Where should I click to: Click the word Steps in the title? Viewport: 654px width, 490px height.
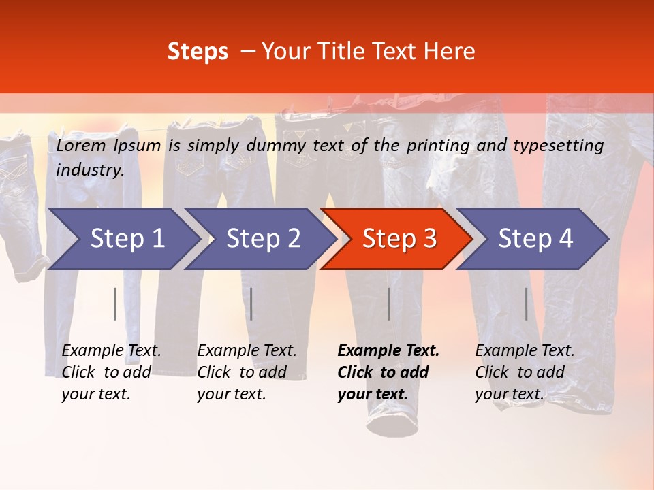198,52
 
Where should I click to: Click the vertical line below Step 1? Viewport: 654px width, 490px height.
114,304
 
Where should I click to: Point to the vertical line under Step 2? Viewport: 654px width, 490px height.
251,304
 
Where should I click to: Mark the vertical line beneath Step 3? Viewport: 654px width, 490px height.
388,304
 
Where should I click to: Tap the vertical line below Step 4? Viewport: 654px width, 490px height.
526,304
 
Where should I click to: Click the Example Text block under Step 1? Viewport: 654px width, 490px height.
111,372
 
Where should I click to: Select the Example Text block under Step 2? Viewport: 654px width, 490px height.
247,372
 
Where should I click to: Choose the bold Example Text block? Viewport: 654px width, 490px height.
388,372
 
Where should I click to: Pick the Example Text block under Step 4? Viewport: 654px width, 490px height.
525,372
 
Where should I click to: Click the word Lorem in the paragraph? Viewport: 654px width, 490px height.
81,145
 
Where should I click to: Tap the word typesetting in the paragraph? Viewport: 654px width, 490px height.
558,145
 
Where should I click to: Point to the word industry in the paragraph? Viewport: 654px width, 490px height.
90,169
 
